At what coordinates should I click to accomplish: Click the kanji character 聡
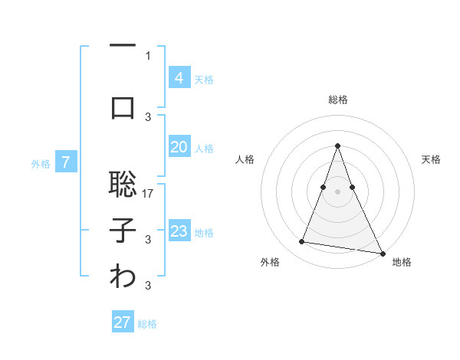tap(123, 184)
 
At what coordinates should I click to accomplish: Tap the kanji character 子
tap(123, 231)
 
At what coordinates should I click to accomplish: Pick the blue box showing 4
tap(179, 77)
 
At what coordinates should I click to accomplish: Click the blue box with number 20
tap(179, 147)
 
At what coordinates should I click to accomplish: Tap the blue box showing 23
tap(179, 231)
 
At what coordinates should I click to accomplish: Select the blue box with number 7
tap(66, 162)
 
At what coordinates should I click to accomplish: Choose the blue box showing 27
tap(123, 322)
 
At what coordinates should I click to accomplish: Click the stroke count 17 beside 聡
tap(149, 193)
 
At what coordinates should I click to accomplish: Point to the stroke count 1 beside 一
tap(148, 55)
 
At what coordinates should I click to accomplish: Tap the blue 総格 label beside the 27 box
tap(147, 324)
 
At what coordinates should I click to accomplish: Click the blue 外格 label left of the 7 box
tap(41, 163)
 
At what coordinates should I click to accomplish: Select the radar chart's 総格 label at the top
tap(337, 100)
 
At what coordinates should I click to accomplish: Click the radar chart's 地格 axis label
tap(402, 262)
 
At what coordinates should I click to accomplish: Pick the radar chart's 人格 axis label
tap(245, 159)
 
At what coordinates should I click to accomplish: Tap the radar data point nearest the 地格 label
tap(381, 252)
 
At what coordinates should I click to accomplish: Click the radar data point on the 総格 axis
tap(337, 146)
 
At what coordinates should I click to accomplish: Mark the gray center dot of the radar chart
tap(337, 191)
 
